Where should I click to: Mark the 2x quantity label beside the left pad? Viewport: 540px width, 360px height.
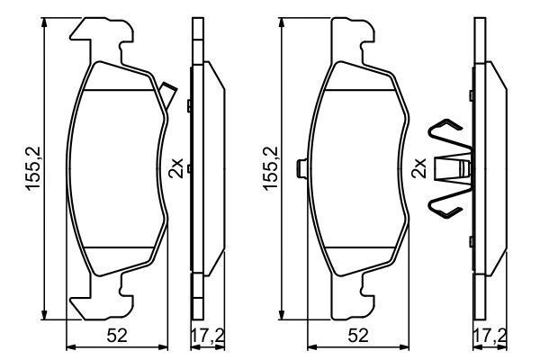pos(178,168)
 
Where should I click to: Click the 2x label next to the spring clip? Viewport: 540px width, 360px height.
pos(418,168)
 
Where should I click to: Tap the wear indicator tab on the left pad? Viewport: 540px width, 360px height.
pos(168,90)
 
